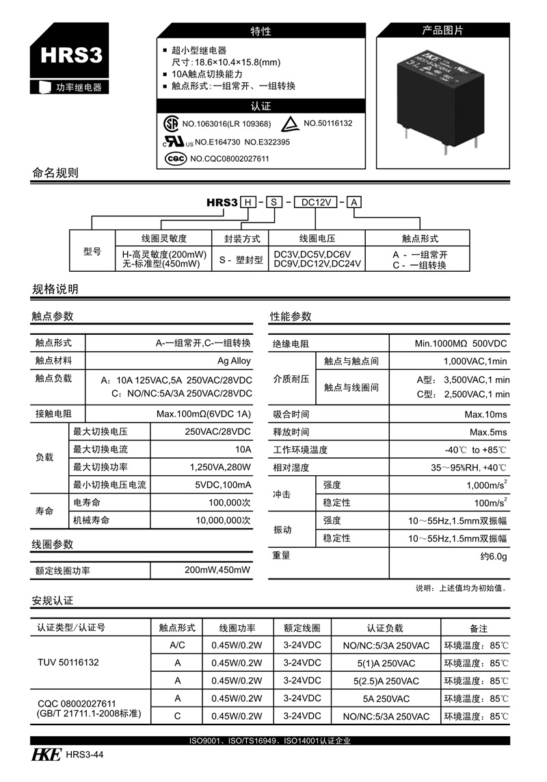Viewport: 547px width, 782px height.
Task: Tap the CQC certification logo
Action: (x=176, y=158)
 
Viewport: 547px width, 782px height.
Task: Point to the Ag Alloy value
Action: (x=234, y=361)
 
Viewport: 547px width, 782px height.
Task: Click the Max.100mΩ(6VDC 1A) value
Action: (x=204, y=414)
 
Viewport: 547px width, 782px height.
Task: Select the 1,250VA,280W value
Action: (x=220, y=468)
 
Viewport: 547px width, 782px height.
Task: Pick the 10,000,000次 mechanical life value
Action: (x=223, y=520)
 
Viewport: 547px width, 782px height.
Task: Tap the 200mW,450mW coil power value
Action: (x=217, y=570)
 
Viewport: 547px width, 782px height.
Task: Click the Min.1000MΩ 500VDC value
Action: (x=461, y=344)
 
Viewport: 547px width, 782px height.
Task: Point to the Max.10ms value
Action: (x=485, y=414)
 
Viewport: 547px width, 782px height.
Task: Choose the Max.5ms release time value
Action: (x=488, y=432)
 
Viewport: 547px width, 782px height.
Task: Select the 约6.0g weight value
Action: (x=493, y=557)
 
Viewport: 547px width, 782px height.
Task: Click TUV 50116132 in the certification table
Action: (x=68, y=663)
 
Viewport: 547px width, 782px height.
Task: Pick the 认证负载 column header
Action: (x=385, y=628)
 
